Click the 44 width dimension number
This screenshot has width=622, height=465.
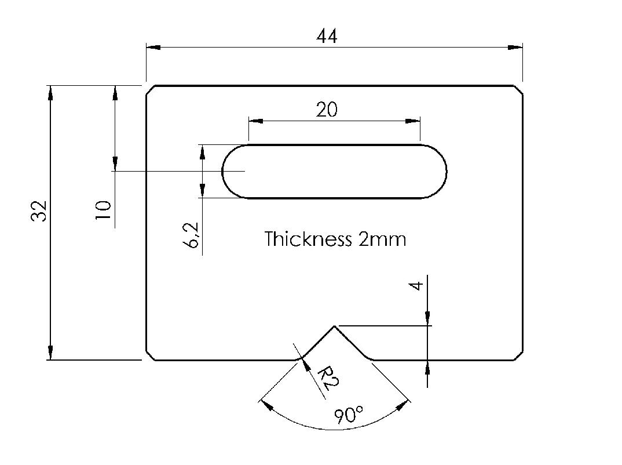[x=327, y=36]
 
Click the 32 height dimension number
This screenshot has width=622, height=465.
[x=39, y=211]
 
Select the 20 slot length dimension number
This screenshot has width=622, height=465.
[x=327, y=109]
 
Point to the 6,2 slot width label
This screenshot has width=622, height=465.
[x=192, y=235]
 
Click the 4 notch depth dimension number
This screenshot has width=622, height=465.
[x=416, y=285]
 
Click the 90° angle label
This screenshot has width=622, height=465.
[x=348, y=415]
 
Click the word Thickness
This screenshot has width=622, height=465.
[x=308, y=239]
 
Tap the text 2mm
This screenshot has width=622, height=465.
[x=382, y=239]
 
